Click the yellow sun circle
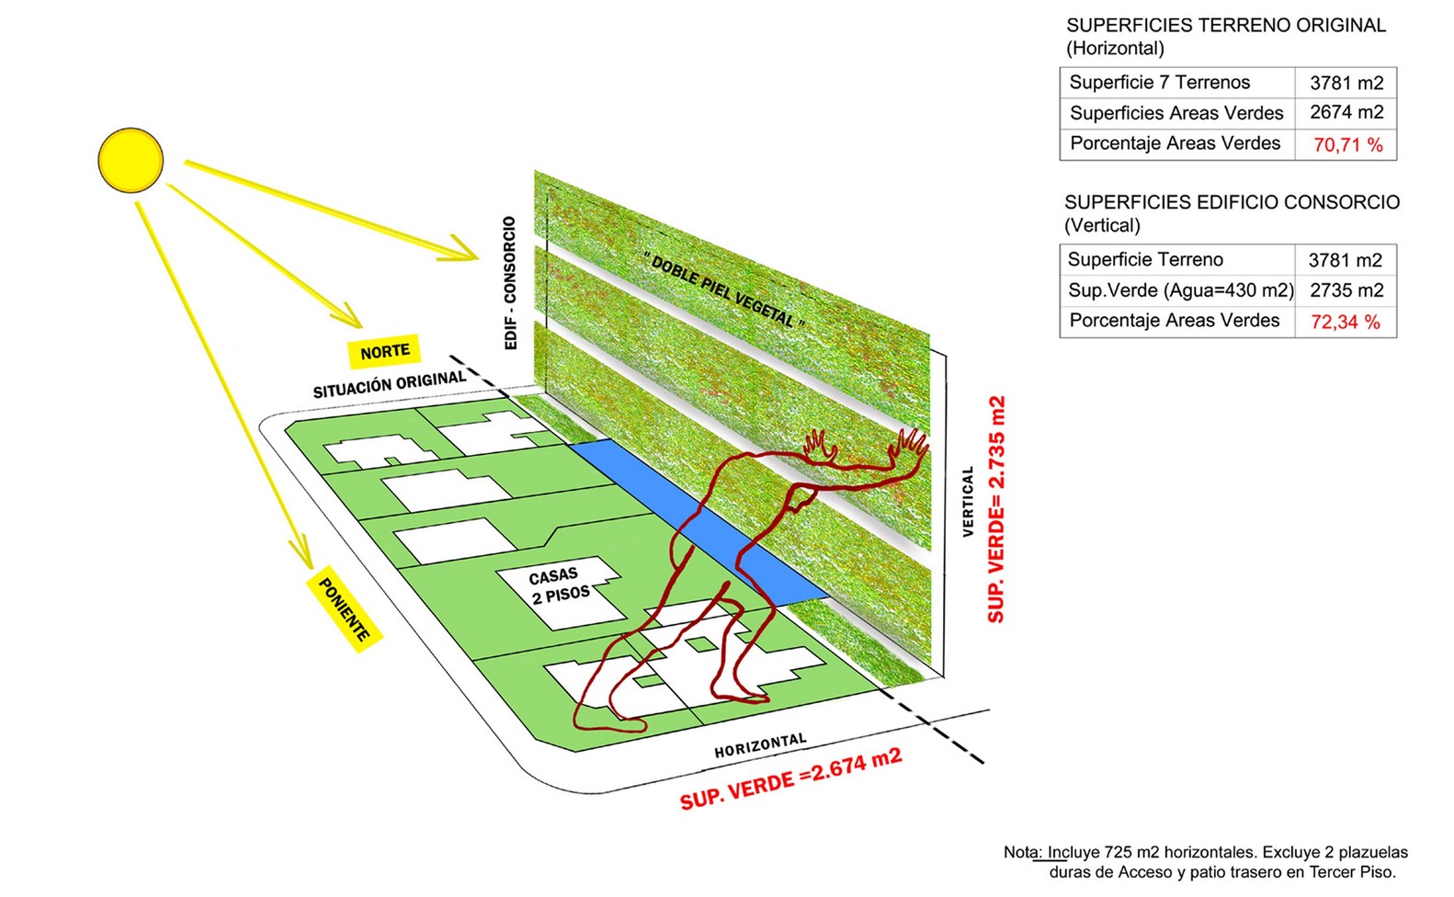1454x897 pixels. tap(131, 160)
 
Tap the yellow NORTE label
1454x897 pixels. tap(384, 351)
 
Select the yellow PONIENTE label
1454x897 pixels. tap(344, 609)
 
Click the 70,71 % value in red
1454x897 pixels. tap(1347, 145)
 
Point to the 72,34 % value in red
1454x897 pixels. tap(1346, 323)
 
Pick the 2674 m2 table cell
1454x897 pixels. tap(1346, 112)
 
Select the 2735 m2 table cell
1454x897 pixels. tap(1346, 290)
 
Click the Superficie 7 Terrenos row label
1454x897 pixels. tap(1160, 83)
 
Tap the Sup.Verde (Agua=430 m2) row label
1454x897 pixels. tap(1180, 290)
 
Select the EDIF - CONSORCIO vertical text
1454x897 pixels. tap(511, 283)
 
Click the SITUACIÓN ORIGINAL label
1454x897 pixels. tap(389, 384)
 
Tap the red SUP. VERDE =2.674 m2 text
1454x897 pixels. tap(790, 779)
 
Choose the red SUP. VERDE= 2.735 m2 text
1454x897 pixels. tap(996, 509)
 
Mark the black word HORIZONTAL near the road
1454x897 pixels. tap(760, 745)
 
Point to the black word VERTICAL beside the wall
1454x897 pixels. tap(967, 501)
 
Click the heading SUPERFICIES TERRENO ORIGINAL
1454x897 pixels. tap(1225, 26)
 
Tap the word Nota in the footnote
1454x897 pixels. tap(1019, 852)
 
